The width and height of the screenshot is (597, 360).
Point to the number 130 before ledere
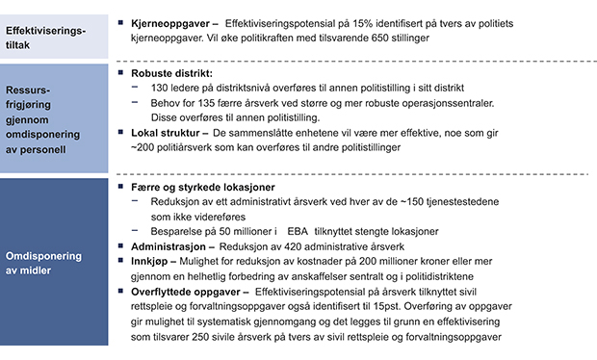(160, 88)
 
